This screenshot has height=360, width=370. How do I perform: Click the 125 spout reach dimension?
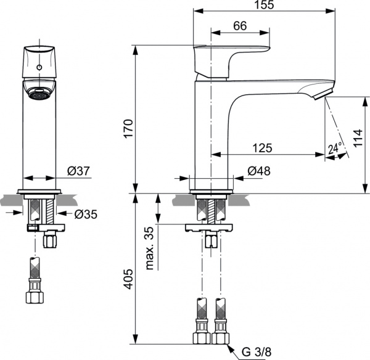(263, 148)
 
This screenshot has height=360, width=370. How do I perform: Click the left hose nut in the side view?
(202, 337)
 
